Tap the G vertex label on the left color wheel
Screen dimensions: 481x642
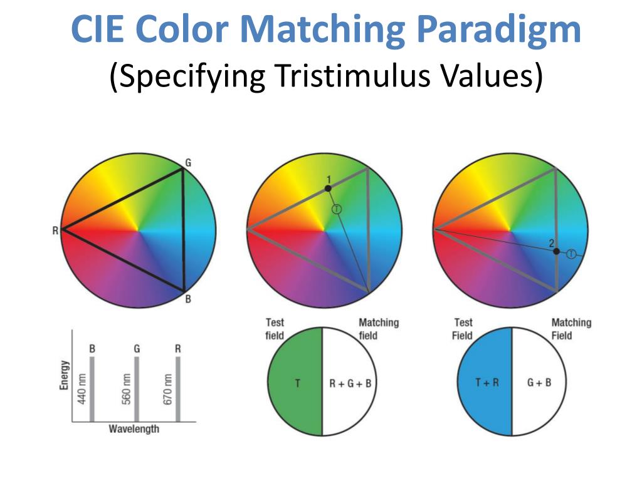pos(188,163)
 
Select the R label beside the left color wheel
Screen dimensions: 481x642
pos(55,231)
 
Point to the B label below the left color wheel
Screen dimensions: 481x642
pos(187,299)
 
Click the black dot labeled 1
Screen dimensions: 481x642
pos(328,188)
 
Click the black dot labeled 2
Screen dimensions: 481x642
pos(556,251)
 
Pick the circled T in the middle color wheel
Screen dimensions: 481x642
pos(337,209)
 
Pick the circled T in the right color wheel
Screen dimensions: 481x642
pos(571,254)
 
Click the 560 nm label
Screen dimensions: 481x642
pos(127,389)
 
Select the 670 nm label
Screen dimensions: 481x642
pos(168,389)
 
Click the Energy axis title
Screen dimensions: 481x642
pos(64,375)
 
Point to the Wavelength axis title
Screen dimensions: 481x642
pos(134,430)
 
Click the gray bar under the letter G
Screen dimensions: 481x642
pos(137,388)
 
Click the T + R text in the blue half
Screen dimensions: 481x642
pos(487,382)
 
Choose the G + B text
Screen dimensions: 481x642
pos(539,382)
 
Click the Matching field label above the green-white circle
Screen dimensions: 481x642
pos(378,328)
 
